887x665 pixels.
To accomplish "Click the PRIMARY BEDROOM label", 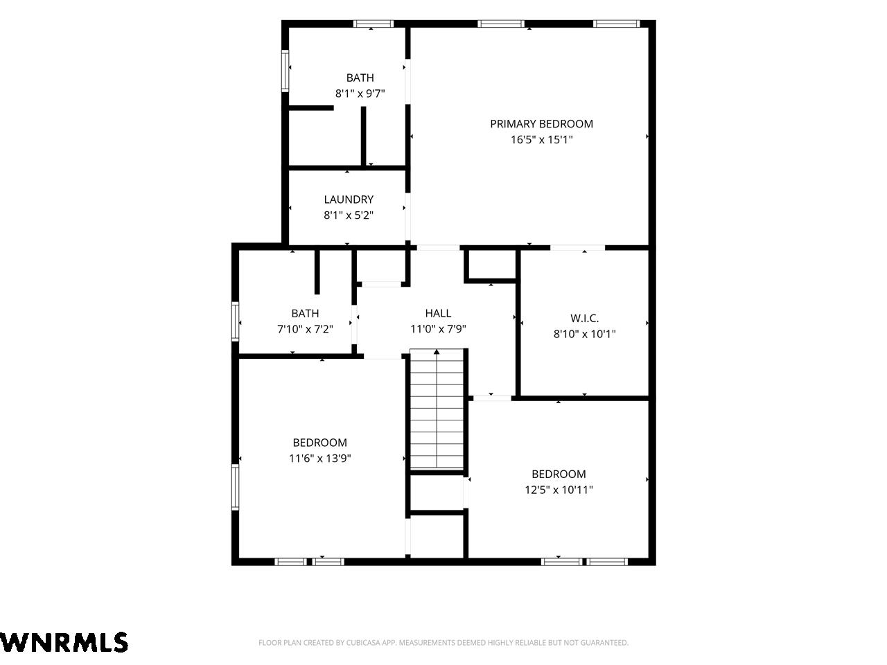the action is pos(541,124).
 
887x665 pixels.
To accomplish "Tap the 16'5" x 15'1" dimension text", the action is pos(541,140).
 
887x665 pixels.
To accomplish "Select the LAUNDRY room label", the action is pos(349,199).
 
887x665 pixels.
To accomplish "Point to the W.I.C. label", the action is pos(584,318).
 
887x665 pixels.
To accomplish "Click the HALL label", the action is pos(438,313).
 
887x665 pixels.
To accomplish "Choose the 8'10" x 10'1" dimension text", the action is pos(584,334).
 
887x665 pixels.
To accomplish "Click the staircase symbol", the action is pos(437,409).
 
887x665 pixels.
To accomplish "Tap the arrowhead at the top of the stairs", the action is pos(437,352).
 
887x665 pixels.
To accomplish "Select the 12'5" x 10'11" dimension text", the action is pos(559,490).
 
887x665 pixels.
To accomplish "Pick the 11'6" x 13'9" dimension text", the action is pos(319,459).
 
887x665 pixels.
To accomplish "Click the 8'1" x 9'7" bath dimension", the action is pos(360,94).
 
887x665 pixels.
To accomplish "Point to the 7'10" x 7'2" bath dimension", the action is pos(305,330).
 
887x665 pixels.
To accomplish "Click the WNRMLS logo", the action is pos(64,642).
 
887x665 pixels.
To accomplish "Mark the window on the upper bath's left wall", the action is pos(285,71).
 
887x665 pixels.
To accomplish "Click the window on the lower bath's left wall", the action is pos(235,321).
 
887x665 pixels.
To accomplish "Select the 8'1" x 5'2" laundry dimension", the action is pos(349,215).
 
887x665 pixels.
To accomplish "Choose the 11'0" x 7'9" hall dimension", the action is pos(438,329).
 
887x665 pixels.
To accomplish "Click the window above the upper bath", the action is pos(374,24).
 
